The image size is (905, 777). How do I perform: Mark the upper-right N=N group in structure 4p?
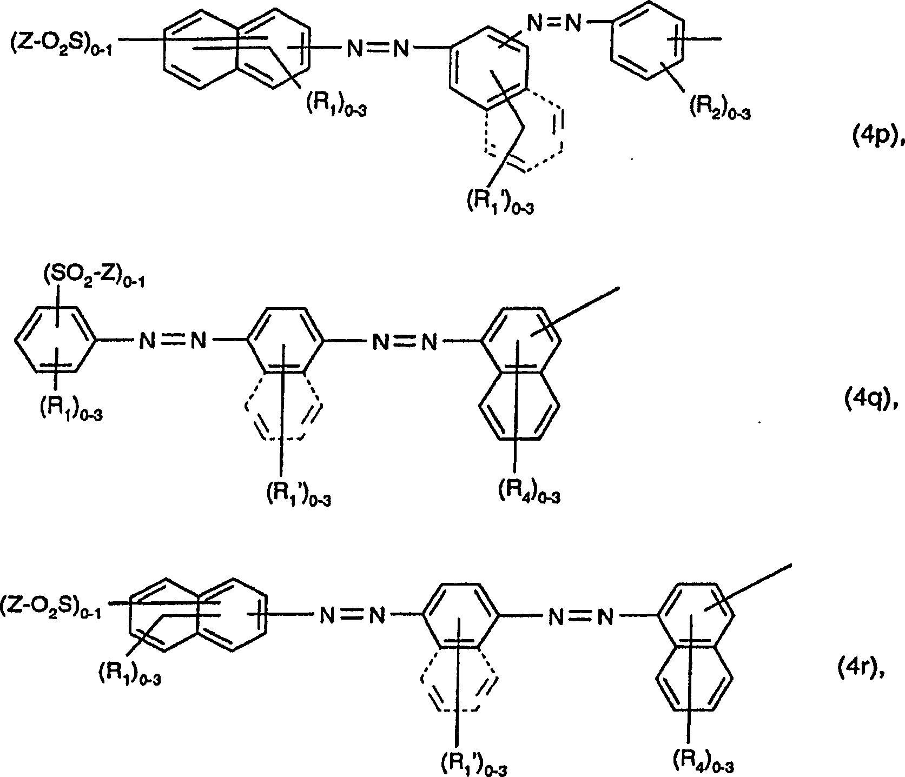(553, 23)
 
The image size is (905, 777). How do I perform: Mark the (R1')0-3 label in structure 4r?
(474, 765)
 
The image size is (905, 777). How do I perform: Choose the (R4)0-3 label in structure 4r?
(703, 762)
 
